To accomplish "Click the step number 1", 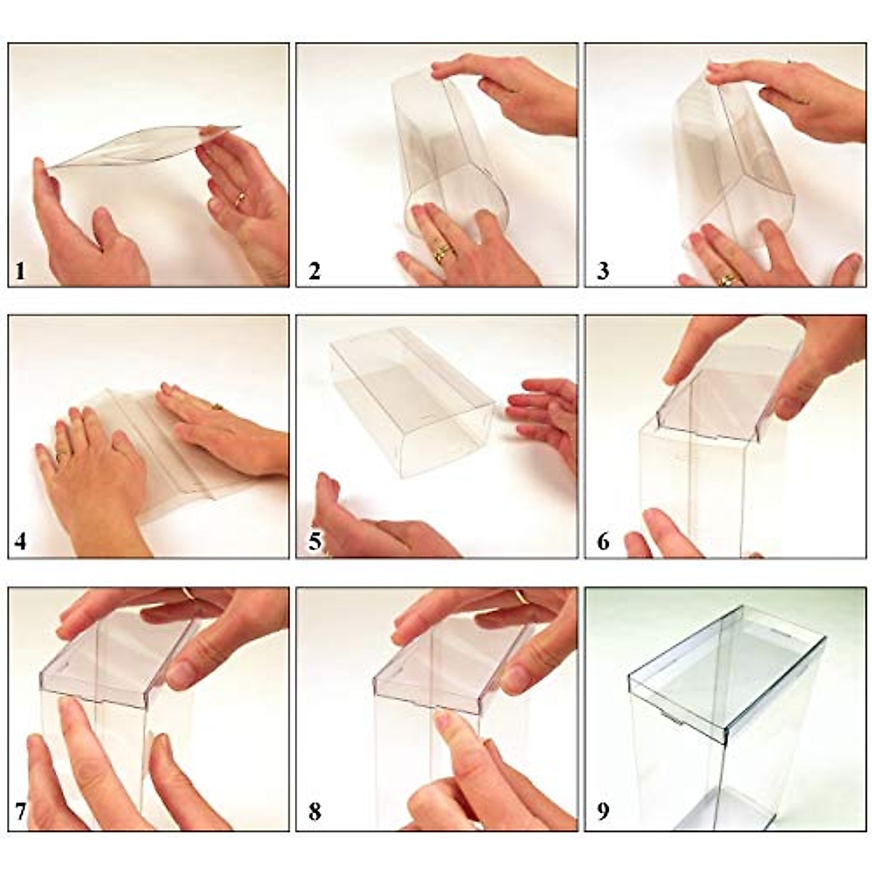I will coord(20,272).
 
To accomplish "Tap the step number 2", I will coord(314,272).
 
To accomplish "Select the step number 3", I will coord(602,272).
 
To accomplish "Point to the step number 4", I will coord(20,542).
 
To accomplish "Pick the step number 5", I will coord(314,542).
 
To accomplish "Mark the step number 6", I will coord(602,542).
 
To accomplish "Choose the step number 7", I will coord(20,812).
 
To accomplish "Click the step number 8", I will coord(314,812).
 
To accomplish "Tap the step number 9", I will coord(602,812).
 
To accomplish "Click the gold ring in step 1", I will coord(240,198).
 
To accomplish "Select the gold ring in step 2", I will coord(441,254).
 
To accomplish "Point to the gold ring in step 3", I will coord(726,278).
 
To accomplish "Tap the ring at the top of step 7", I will coord(188,594).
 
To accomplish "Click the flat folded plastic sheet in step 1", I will coord(145,149).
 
